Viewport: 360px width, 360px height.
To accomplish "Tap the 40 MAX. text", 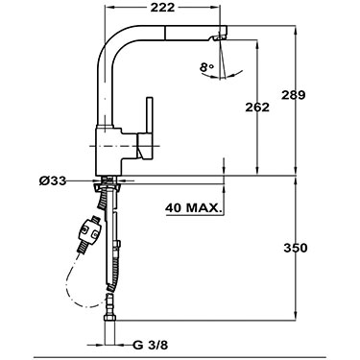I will [193, 206].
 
